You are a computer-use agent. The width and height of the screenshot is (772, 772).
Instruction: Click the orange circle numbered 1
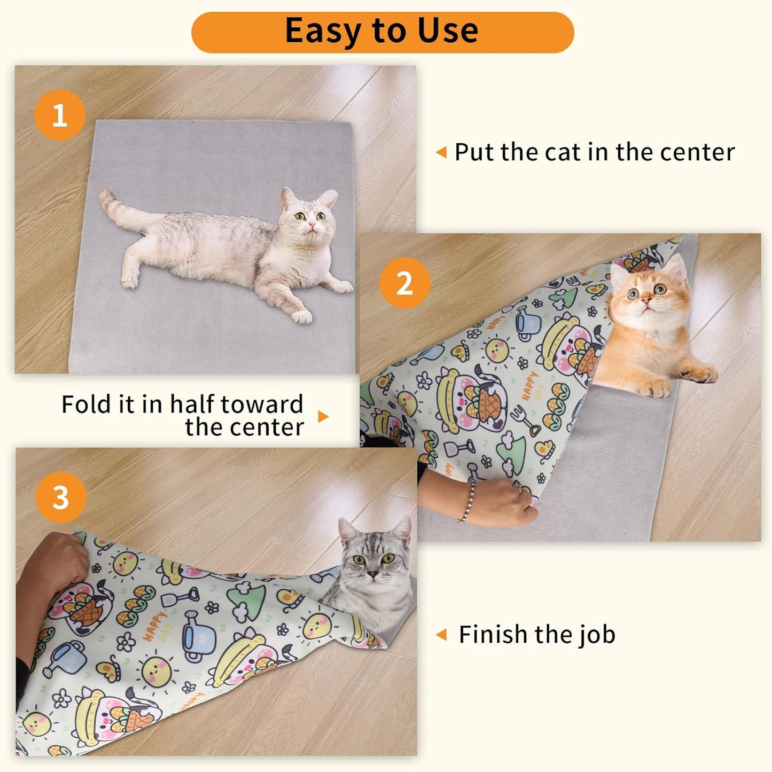point(60,115)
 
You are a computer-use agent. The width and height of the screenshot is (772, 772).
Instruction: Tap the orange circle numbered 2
point(404,283)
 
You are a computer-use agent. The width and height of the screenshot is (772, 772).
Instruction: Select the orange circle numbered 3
point(60,497)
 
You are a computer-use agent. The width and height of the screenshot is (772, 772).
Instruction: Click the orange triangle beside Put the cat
point(441,152)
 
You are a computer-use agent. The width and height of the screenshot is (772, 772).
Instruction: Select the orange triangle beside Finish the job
point(441,635)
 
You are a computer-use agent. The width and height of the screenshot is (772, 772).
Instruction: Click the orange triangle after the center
point(323,417)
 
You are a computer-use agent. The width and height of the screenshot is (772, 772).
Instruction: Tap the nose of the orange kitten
point(646,300)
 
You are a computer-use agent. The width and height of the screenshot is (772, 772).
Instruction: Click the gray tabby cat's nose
point(372,574)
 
